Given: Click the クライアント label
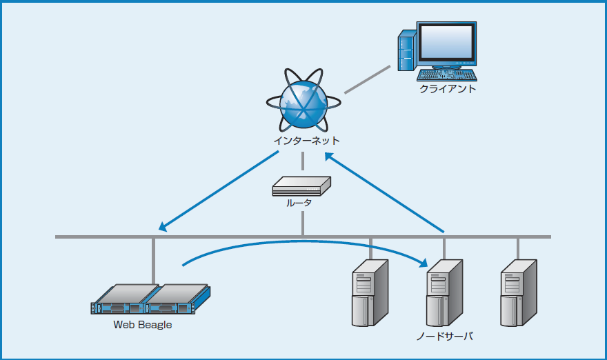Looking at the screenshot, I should click(x=448, y=89).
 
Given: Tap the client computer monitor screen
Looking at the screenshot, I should click(x=447, y=43).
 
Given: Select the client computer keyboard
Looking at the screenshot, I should click(x=447, y=74).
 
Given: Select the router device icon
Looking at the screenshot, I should click(x=301, y=185).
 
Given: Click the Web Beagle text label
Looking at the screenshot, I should click(x=142, y=325).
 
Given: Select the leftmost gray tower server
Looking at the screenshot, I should click(x=370, y=292).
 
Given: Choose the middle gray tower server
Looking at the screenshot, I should click(x=444, y=292).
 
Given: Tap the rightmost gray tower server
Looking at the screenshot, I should click(x=518, y=292).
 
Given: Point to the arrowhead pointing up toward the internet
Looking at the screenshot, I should click(x=330, y=157).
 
